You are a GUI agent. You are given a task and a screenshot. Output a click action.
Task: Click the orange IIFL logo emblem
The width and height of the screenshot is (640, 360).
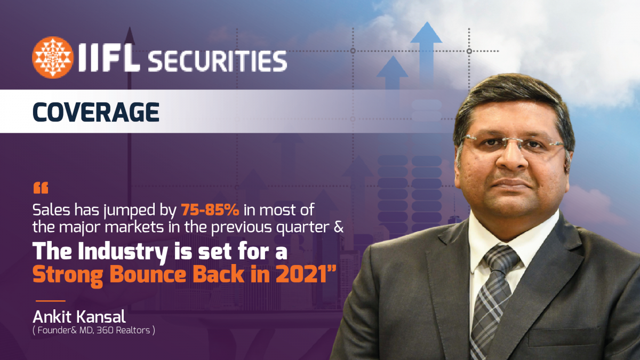tap(53, 58)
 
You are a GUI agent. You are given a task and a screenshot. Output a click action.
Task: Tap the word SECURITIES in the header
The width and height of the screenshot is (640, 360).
tap(218, 61)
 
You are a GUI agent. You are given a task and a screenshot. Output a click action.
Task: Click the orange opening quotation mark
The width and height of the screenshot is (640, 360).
tap(41, 188)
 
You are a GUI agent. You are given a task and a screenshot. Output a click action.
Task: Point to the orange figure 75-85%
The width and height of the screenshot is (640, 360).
tap(210, 210)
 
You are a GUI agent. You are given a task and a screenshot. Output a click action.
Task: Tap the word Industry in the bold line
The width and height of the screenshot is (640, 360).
tap(123, 251)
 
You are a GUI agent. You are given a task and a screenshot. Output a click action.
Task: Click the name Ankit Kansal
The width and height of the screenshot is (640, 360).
tap(79, 317)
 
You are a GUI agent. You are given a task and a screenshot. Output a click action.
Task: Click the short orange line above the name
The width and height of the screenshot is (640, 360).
tap(51, 301)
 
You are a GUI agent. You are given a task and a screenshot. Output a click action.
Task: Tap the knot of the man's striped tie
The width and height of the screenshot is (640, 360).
tap(501, 258)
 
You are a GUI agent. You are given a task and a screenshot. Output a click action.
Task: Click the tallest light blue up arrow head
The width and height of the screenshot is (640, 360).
tap(427, 33)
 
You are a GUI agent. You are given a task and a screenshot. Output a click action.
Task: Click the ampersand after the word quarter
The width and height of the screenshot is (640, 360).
tap(339, 227)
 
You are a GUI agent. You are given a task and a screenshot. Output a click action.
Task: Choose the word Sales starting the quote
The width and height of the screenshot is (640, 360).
tap(51, 210)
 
